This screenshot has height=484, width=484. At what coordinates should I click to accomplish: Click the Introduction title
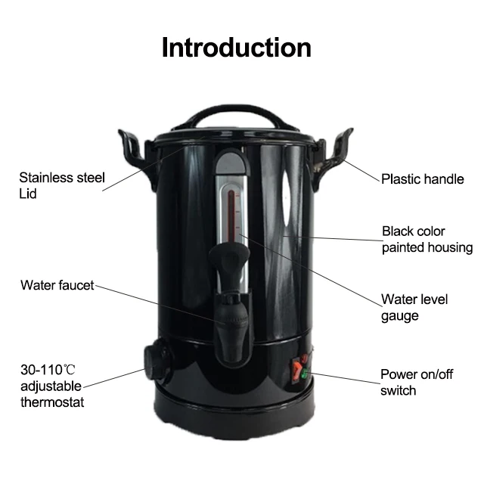click(x=237, y=47)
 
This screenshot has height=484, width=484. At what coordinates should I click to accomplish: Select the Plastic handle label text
click(x=422, y=179)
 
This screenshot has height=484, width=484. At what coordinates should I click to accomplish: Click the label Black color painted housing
click(x=427, y=239)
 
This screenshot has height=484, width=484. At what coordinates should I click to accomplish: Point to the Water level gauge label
click(x=414, y=307)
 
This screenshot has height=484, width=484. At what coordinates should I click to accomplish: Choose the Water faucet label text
click(x=57, y=285)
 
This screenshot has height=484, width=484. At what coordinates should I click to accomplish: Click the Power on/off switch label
click(x=416, y=382)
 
